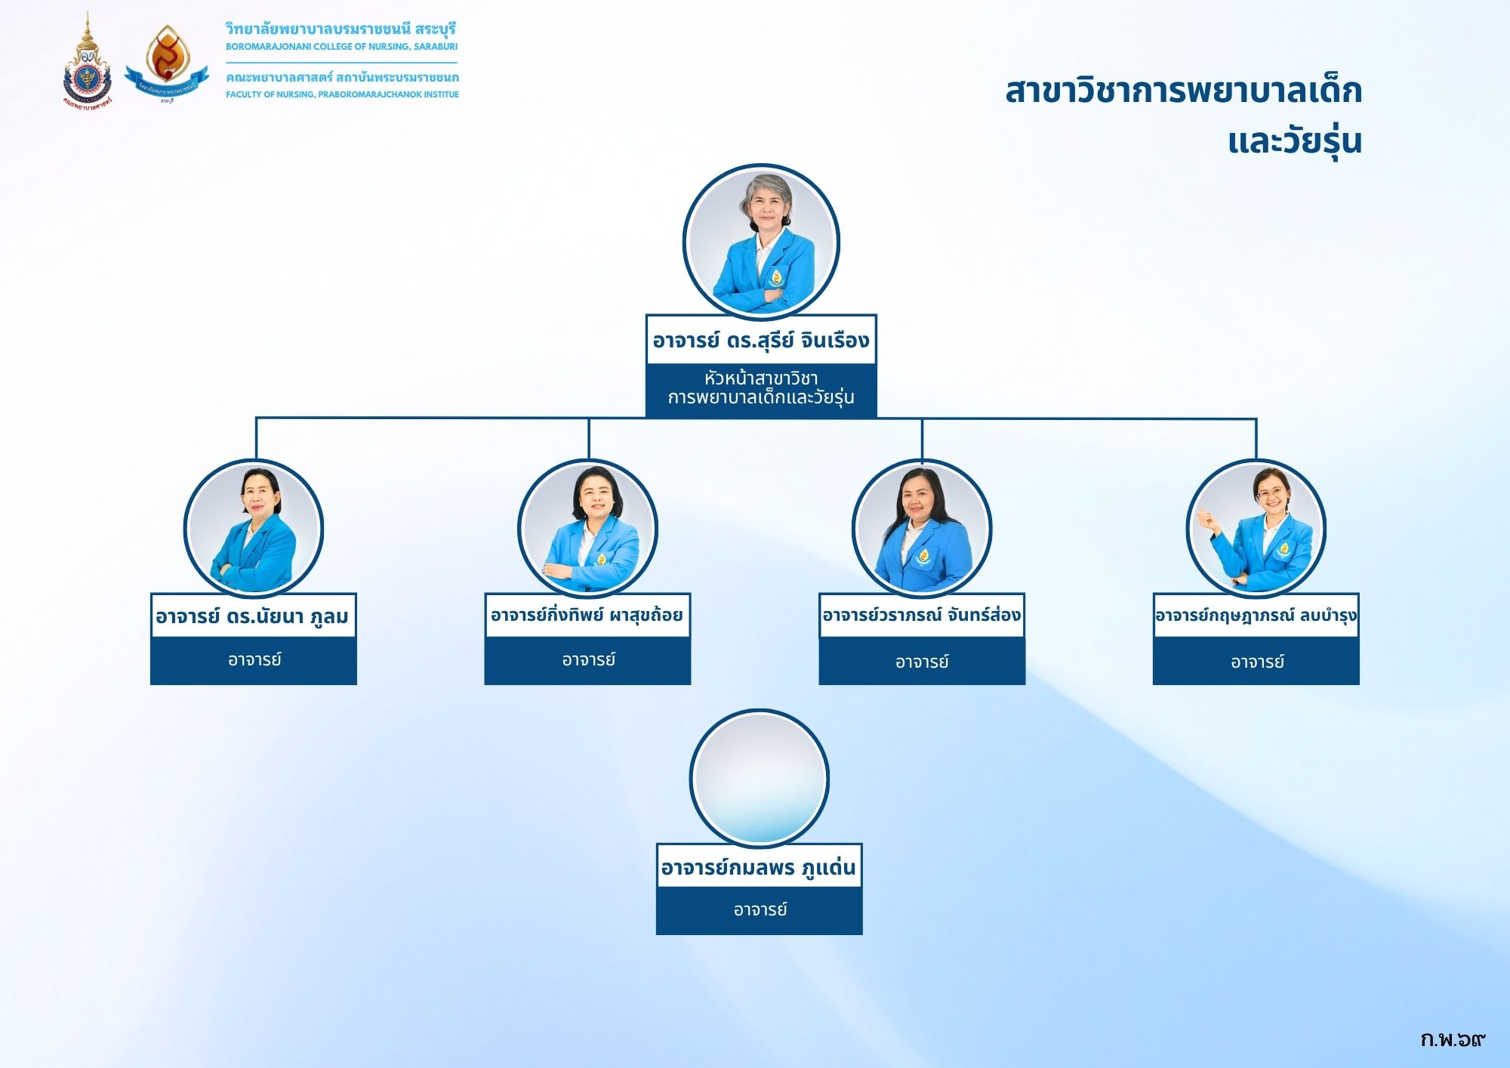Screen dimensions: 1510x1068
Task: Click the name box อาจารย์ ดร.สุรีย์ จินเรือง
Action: click(761, 340)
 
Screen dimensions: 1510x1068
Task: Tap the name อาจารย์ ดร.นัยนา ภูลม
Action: click(252, 617)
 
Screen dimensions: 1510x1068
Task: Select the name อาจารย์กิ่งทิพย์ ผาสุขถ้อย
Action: click(587, 615)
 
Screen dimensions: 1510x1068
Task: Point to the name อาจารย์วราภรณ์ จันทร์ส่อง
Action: click(922, 615)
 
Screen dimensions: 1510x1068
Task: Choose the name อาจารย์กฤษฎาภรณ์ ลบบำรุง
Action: click(1256, 616)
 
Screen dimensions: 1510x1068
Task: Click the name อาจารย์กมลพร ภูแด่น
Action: click(759, 868)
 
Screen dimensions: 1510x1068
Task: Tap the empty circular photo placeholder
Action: click(760, 778)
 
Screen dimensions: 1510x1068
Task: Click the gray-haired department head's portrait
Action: click(761, 242)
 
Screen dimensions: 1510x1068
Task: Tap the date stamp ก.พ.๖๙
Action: click(1453, 1040)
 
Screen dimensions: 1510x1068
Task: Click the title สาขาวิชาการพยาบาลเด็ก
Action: click(1183, 91)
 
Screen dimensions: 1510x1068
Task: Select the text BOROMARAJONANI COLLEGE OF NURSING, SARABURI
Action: click(341, 47)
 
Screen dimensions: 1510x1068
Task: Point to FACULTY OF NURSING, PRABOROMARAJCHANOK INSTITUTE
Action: click(342, 94)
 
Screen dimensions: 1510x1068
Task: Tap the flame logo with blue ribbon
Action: click(166, 64)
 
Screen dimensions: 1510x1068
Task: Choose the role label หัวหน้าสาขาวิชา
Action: click(761, 378)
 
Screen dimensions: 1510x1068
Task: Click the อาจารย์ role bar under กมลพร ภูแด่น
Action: click(760, 910)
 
